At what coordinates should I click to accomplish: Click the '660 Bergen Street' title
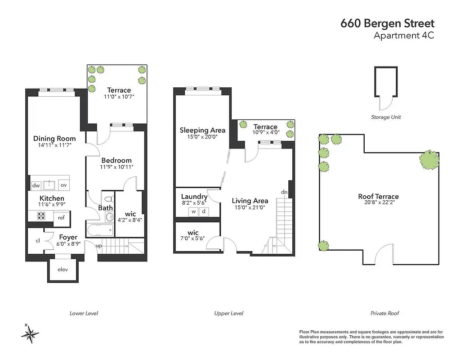388,24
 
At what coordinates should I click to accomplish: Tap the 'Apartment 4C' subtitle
404,36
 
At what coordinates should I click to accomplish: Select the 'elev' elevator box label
63,270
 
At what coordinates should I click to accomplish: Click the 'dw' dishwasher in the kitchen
35,185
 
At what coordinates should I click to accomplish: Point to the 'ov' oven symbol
63,185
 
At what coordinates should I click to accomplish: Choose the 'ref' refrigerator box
61,217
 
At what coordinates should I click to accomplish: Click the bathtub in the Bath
99,230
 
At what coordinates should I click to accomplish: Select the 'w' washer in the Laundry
193,211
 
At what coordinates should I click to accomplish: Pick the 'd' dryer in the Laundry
203,211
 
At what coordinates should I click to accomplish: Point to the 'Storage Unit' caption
386,117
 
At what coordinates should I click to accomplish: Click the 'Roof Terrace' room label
378,196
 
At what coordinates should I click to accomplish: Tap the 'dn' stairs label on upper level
284,192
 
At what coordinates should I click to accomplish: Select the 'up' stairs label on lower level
99,246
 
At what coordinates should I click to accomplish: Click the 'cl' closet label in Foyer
38,241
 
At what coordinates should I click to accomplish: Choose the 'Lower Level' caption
84,313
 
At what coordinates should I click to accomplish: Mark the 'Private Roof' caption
385,313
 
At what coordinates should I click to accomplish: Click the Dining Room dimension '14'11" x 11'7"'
55,146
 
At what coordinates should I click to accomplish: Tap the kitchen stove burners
36,216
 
